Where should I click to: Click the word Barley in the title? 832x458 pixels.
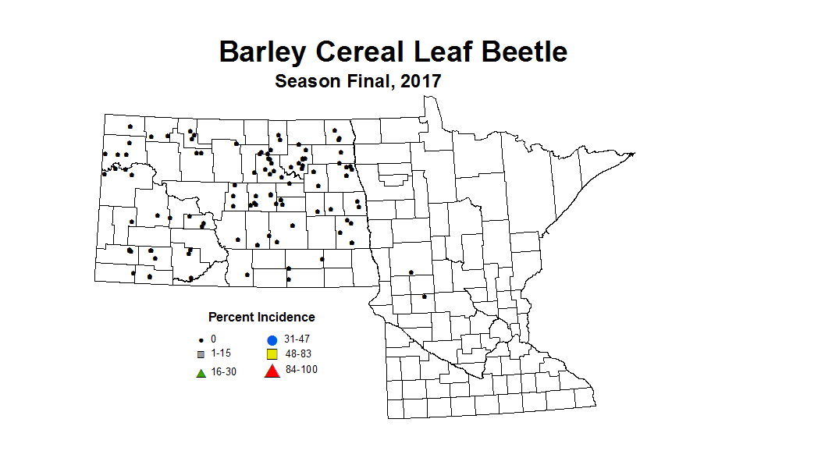pyautogui.click(x=262, y=52)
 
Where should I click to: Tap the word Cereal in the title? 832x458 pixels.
pyautogui.click(x=360, y=51)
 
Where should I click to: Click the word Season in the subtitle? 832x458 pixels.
pyautogui.click(x=307, y=80)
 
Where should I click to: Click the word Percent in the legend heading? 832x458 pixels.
pyautogui.click(x=232, y=318)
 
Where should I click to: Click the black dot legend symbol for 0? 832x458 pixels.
pyautogui.click(x=201, y=340)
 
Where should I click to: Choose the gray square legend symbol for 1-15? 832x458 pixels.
pyautogui.click(x=201, y=354)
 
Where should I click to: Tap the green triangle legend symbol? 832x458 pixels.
pyautogui.click(x=201, y=372)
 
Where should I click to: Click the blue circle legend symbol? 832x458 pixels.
pyautogui.click(x=272, y=340)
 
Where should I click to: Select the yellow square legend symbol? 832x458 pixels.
pyautogui.click(x=272, y=354)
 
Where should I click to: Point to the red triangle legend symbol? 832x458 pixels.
pyautogui.click(x=272, y=371)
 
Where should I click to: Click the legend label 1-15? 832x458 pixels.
pyautogui.click(x=221, y=353)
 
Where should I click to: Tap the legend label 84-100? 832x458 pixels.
pyautogui.click(x=301, y=369)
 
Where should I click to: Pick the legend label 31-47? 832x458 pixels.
pyautogui.click(x=297, y=339)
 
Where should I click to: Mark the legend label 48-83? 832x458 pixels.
pyautogui.click(x=298, y=354)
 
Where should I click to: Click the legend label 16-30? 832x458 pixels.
pyautogui.click(x=223, y=372)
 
